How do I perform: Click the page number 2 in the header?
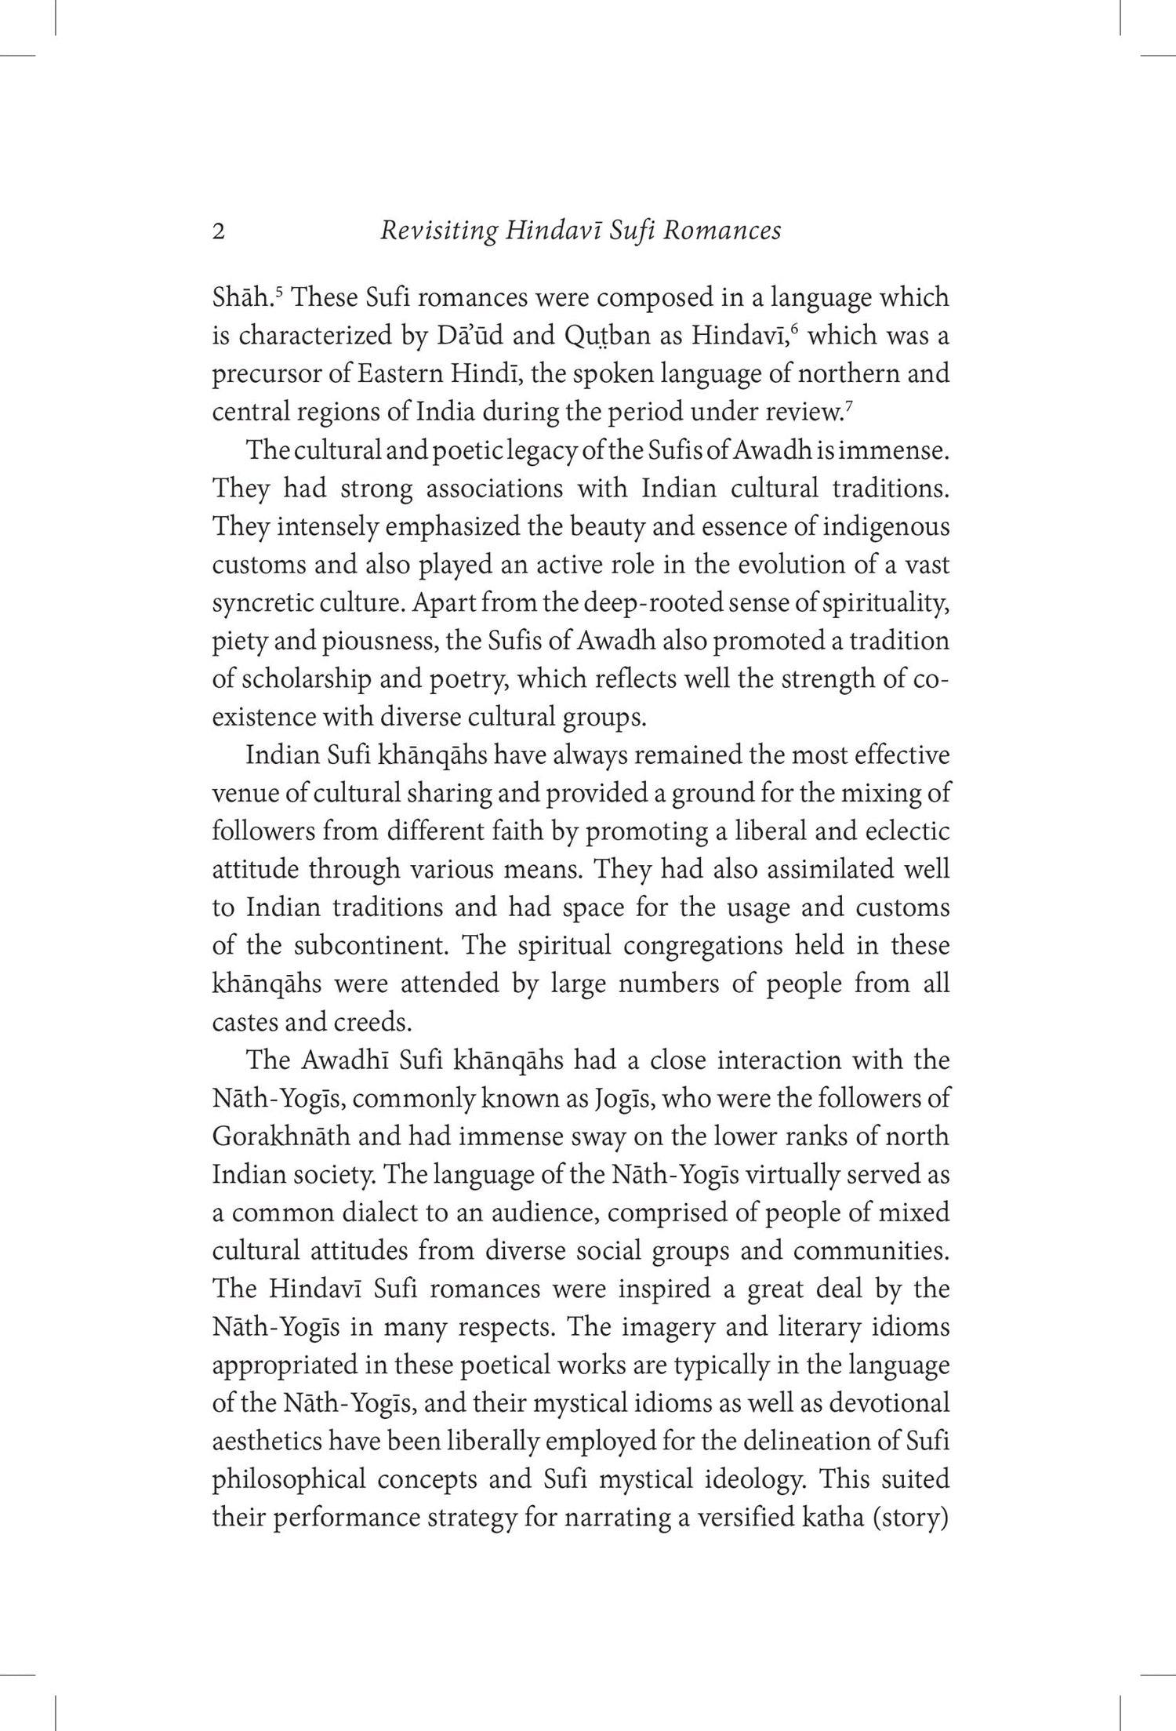(x=219, y=232)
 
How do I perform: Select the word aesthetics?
(x=266, y=1441)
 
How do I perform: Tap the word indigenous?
(x=886, y=526)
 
